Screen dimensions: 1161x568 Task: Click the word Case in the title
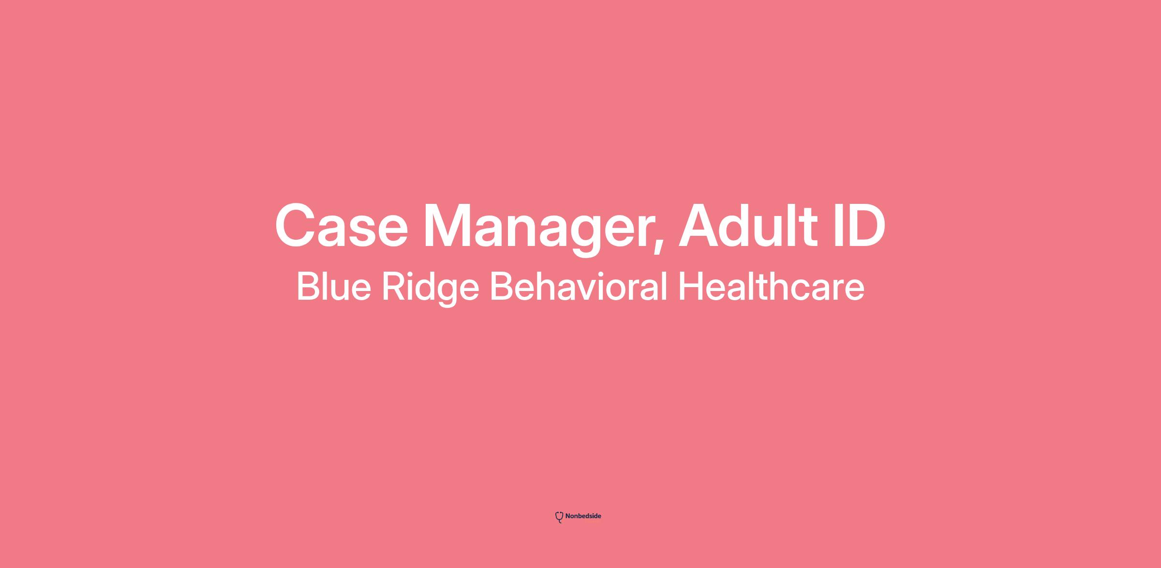tap(342, 226)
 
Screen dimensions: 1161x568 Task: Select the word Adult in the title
tap(748, 225)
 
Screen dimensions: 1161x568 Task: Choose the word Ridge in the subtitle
tap(431, 289)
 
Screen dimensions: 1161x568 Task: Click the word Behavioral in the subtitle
tap(579, 286)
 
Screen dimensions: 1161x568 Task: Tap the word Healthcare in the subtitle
tap(771, 286)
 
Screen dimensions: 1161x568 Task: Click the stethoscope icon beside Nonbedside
tap(559, 517)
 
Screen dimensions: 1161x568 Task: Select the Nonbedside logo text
tap(583, 516)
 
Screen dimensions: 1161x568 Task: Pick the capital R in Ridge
tap(394, 286)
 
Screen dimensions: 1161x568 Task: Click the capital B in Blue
tap(308, 286)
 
